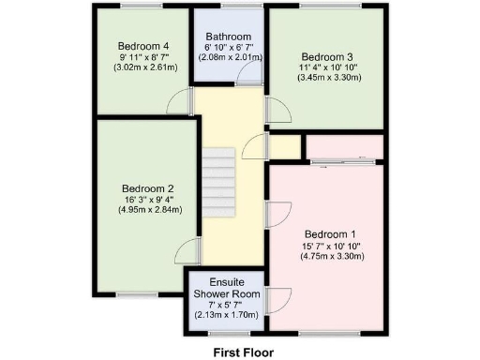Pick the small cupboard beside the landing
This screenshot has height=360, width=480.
point(285,147)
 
